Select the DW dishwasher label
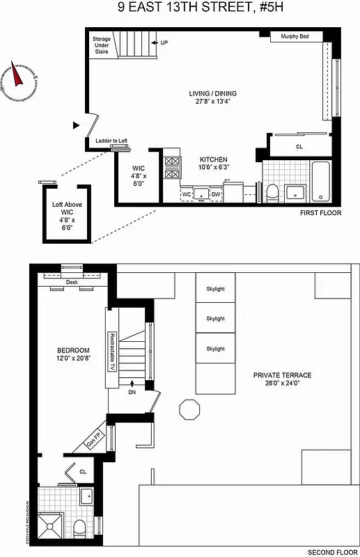click(x=216, y=194)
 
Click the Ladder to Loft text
click(x=111, y=141)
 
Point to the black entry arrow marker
click(x=76, y=125)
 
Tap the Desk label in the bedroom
click(x=71, y=283)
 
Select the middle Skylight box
click(x=215, y=319)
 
